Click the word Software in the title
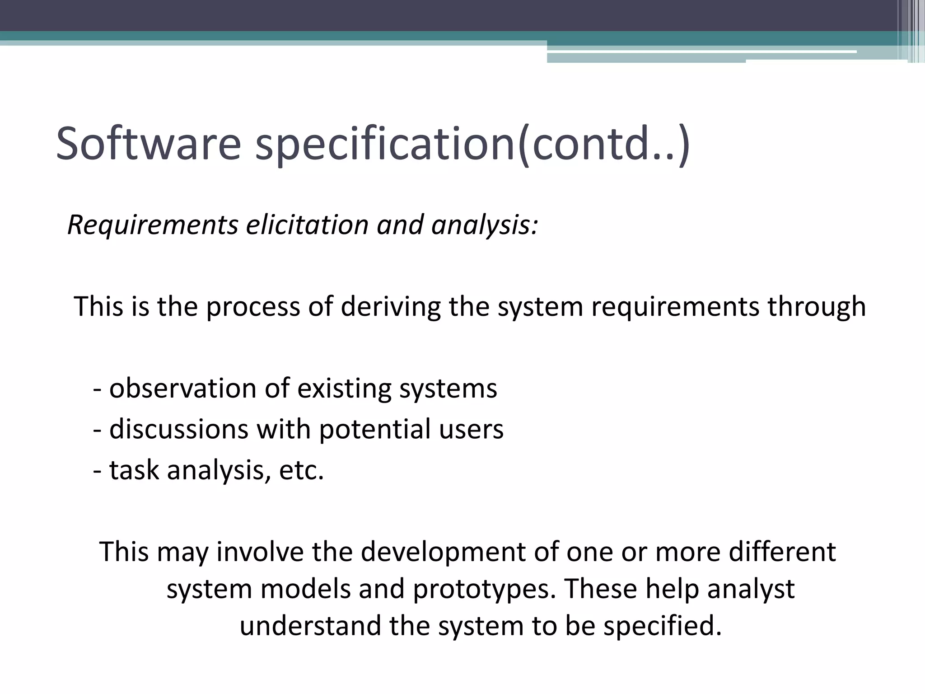coord(148,144)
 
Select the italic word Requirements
coord(153,225)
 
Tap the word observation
coord(183,388)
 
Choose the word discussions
coord(179,429)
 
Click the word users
coord(471,430)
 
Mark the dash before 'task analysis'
coord(97,471)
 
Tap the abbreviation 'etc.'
coord(302,470)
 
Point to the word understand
coord(310,626)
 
